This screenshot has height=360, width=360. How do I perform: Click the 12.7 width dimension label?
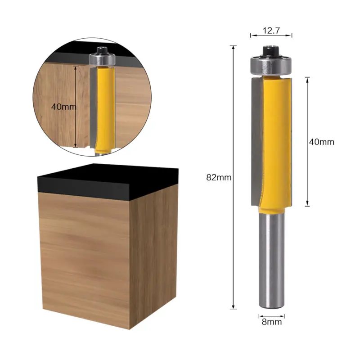pyautogui.click(x=271, y=30)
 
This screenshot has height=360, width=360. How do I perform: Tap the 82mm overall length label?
pyautogui.click(x=219, y=177)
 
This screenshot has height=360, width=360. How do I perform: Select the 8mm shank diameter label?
pyautogui.click(x=272, y=322)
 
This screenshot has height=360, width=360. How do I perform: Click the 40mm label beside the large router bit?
pyautogui.click(x=321, y=142)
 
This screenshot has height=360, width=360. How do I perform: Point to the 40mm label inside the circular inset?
pyautogui.click(x=63, y=107)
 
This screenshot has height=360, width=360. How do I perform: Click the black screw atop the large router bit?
pyautogui.click(x=271, y=51)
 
